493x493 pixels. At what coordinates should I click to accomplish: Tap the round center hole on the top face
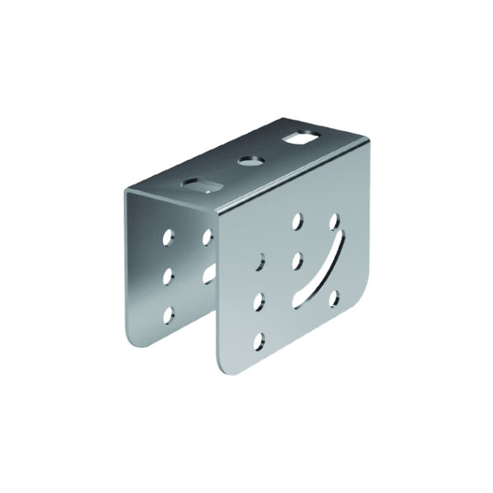(251, 162)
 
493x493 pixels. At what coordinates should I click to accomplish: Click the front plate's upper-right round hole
(335, 221)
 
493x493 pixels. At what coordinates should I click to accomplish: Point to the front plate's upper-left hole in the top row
(297, 221)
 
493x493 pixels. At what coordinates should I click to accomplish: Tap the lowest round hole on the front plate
(259, 340)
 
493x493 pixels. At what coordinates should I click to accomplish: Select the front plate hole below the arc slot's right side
(335, 298)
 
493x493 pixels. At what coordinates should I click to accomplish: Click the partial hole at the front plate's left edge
(260, 262)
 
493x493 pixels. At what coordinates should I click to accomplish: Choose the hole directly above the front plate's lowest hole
(260, 301)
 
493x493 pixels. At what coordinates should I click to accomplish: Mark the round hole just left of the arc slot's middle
(297, 260)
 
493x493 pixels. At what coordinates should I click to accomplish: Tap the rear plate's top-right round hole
(207, 236)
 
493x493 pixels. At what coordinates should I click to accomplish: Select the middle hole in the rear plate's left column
(168, 276)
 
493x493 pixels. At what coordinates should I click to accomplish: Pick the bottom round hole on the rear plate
(168, 314)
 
